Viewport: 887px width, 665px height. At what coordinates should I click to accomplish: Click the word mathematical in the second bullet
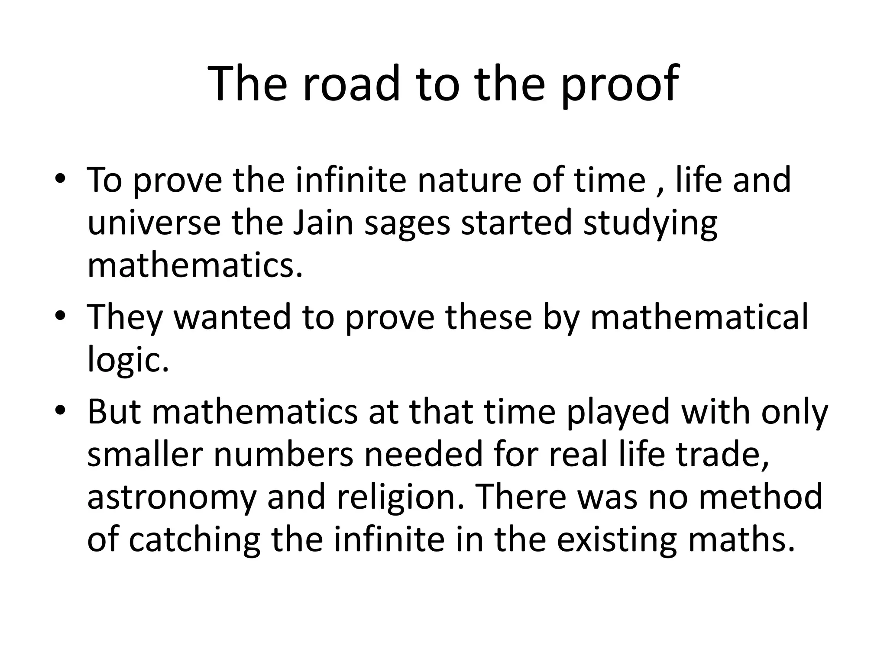699,317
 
